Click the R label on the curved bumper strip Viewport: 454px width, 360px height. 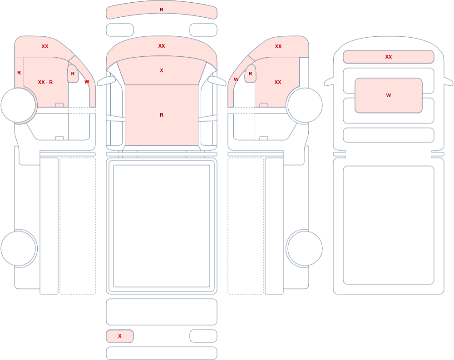(162, 10)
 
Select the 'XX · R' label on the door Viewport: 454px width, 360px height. (45, 82)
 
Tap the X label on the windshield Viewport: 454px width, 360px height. (162, 70)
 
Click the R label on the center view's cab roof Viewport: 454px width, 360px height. (162, 115)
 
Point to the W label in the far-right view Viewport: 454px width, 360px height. (389, 95)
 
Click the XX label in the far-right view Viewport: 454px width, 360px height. (389, 57)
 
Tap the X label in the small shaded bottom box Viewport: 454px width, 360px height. (119, 336)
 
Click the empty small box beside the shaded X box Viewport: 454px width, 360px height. (203, 336)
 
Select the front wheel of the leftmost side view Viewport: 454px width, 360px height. (19, 105)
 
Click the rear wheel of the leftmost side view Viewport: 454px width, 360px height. (19, 248)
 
